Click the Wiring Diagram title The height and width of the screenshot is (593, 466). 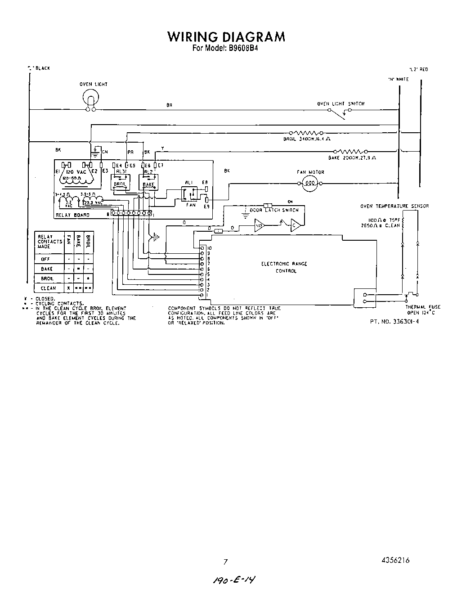point(226,37)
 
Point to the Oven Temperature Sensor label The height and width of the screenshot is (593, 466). point(394,206)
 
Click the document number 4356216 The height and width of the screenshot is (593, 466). point(395,560)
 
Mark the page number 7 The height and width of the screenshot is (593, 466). point(226,561)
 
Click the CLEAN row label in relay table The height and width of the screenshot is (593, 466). point(48,288)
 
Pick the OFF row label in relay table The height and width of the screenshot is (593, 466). point(45,259)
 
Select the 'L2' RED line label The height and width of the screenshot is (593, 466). point(418,69)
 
